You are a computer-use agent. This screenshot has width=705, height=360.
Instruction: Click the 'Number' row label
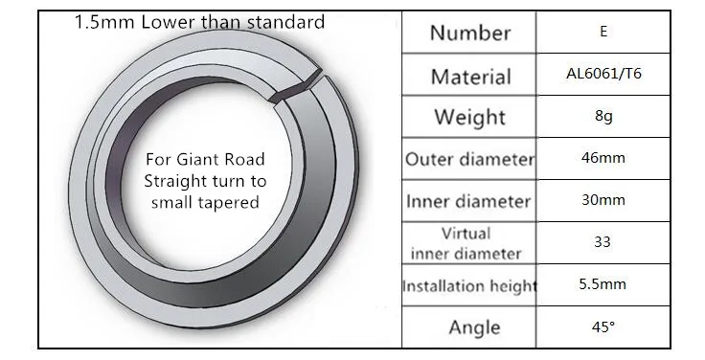coord(470,33)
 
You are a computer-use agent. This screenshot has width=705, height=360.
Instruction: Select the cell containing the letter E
coord(603,31)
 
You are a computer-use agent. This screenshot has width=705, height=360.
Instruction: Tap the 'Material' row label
coord(470,77)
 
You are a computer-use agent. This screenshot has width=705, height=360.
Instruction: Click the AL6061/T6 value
coord(603,74)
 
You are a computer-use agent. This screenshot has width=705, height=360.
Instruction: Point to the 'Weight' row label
coord(470,118)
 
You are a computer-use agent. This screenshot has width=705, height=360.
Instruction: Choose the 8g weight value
coord(603,116)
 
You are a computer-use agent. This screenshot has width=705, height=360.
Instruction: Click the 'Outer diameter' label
coord(470,159)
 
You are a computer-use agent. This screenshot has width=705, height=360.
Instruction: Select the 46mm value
coord(603,158)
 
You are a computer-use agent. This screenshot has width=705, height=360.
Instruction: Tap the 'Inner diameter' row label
coord(468,201)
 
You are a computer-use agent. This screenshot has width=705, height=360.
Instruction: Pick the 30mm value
coord(603,199)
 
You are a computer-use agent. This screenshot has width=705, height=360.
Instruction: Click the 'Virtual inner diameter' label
coord(466,243)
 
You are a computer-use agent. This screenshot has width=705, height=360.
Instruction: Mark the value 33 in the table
coord(603,242)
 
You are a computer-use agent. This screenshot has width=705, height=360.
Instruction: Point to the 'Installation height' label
coord(469,286)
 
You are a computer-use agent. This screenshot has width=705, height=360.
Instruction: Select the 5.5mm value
coord(603,284)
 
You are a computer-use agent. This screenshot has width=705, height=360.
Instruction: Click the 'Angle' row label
coord(474,327)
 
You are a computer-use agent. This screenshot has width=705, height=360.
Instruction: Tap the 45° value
coord(603,326)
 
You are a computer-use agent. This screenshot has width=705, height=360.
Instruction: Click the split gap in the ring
coord(298,87)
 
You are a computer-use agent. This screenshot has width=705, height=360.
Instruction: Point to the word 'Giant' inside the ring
coord(195,160)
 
